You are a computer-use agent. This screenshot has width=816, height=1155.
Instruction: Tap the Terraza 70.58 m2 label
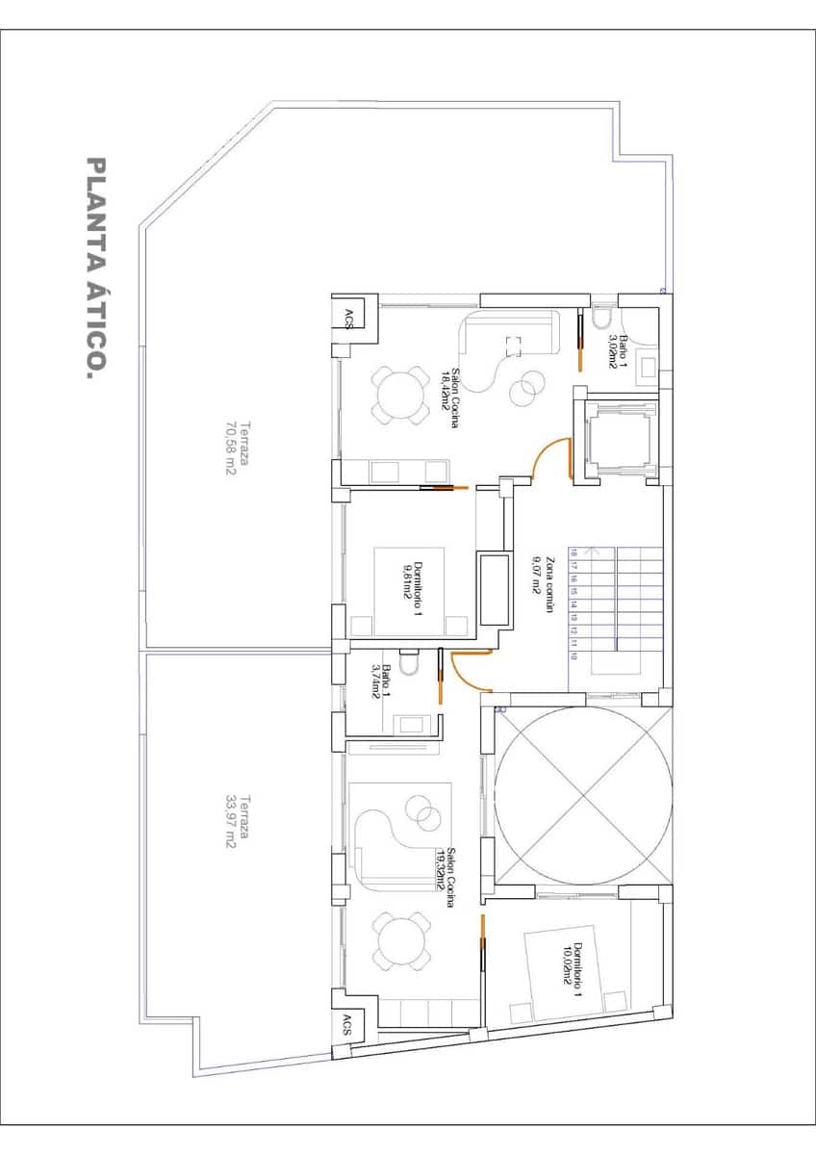coord(237,448)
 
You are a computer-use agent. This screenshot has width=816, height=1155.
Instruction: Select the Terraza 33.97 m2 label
coord(237,820)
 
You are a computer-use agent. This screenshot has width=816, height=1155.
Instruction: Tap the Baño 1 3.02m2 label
coord(616,352)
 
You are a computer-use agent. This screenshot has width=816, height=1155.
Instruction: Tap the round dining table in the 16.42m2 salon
coord(398,395)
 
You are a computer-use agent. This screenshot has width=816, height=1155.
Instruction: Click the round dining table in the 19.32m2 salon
coord(397,940)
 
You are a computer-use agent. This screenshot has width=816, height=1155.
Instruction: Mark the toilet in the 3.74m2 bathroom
coord(408,664)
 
